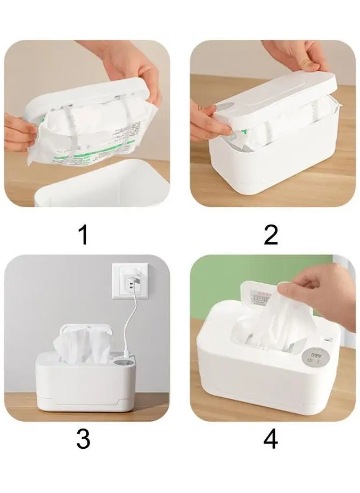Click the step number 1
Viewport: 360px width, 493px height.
pyautogui.click(x=83, y=235)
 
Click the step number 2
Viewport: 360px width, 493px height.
pyautogui.click(x=271, y=235)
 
